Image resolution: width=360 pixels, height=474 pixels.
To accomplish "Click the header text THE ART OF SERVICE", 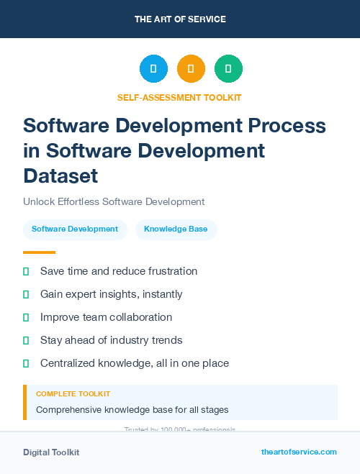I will click(x=180, y=19).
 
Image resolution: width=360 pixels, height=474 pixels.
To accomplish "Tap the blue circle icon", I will click(x=153, y=69).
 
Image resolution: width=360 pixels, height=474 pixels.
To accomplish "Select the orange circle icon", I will click(x=191, y=69).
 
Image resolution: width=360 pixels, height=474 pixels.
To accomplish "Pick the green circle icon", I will click(x=228, y=69).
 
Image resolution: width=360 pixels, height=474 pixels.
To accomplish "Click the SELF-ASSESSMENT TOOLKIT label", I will click(x=179, y=97).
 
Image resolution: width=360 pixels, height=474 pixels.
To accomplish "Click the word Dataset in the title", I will click(x=60, y=175).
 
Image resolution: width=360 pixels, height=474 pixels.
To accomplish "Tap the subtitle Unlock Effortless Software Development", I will click(x=114, y=202).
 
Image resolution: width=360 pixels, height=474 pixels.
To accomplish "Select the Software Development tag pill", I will click(x=75, y=229).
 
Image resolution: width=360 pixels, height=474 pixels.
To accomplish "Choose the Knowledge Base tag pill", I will click(x=176, y=229).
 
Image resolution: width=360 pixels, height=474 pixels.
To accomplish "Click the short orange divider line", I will click(x=39, y=252).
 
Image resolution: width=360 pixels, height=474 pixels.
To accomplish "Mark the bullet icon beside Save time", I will click(x=26, y=271).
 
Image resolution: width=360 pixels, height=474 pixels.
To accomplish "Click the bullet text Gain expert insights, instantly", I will click(x=111, y=294).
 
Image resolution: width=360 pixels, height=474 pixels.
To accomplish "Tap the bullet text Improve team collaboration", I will click(x=106, y=317).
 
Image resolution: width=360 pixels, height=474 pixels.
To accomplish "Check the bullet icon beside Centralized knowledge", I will click(x=26, y=363).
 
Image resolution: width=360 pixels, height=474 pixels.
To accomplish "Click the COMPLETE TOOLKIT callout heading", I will click(x=73, y=394).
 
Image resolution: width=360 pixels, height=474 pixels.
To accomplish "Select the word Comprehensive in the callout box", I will click(x=67, y=410).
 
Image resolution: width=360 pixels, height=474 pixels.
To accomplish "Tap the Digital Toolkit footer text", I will click(x=51, y=452).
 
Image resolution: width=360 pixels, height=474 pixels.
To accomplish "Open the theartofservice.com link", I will click(x=299, y=452).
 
